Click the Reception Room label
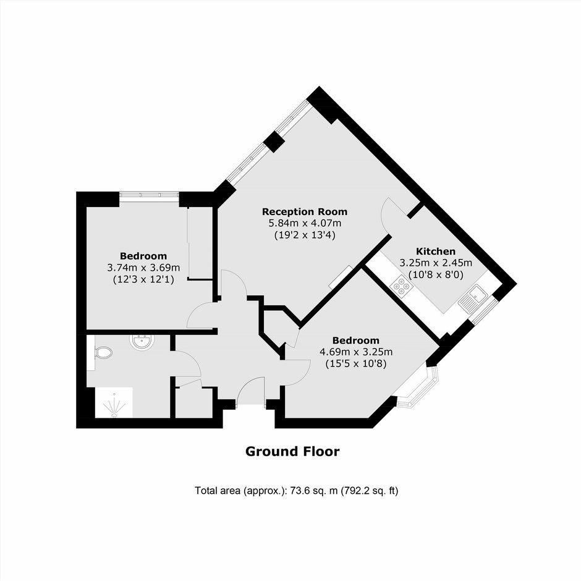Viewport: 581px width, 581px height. pyautogui.click(x=305, y=211)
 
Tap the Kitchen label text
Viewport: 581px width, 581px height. pyautogui.click(x=435, y=251)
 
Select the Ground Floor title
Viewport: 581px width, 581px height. pyautogui.click(x=292, y=451)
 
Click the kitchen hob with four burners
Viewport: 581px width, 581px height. pyautogui.click(x=402, y=286)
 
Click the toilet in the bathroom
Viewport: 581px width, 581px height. pyautogui.click(x=103, y=352)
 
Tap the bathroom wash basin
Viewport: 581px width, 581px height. pyautogui.click(x=142, y=342)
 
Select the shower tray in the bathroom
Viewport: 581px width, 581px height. pyautogui.click(x=114, y=402)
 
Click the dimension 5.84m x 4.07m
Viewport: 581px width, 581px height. pyautogui.click(x=305, y=223)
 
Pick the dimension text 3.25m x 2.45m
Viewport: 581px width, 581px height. pyautogui.click(x=435, y=263)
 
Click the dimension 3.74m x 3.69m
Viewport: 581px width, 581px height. pyautogui.click(x=143, y=268)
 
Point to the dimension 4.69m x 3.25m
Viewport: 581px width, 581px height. pyautogui.click(x=356, y=352)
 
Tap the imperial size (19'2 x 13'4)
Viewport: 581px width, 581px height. pyautogui.click(x=305, y=235)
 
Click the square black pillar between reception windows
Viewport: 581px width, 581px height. pyautogui.click(x=274, y=141)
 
